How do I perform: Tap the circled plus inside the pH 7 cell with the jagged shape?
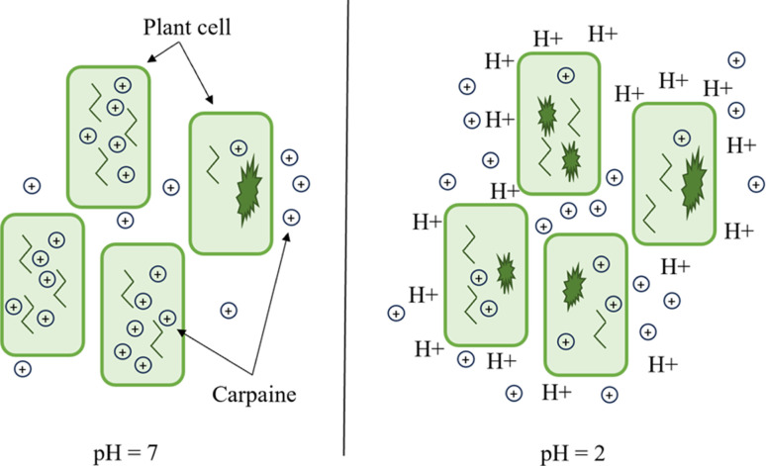click(x=238, y=148)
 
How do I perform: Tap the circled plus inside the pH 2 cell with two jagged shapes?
click(x=564, y=74)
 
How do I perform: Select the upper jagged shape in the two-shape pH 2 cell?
click(x=544, y=116)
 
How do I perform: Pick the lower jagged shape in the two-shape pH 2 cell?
click(x=570, y=155)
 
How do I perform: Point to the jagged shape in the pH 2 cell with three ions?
click(x=506, y=268)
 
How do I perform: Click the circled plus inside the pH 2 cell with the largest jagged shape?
click(x=675, y=121)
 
